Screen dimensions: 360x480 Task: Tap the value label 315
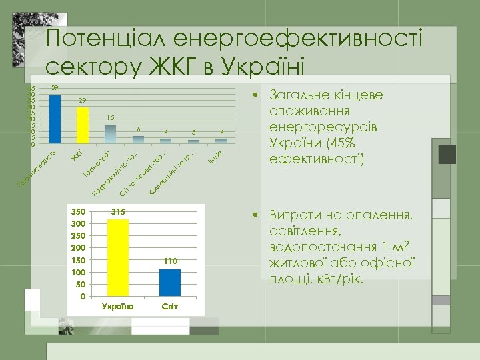[x=118, y=211]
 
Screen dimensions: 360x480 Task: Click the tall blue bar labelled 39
[x=55, y=119]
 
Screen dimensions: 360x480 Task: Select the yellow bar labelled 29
[x=83, y=125]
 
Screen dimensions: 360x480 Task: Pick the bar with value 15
[x=111, y=134]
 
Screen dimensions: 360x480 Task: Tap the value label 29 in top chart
[x=82, y=100]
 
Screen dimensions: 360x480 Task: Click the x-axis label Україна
[x=118, y=306]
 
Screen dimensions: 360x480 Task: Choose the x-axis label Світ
[x=170, y=306]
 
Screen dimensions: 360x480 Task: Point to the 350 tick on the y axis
[x=79, y=211]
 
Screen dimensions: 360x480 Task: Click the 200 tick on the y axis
[x=79, y=248]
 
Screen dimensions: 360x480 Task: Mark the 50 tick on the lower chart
[x=81, y=284]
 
